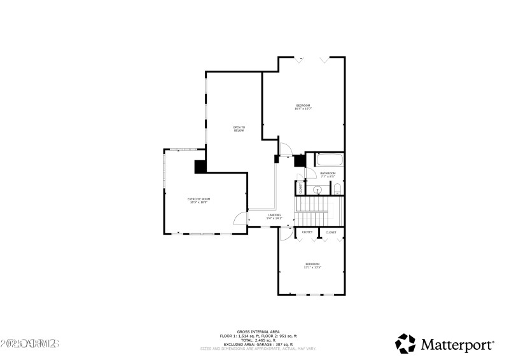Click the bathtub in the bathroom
pos(326,160)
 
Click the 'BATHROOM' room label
pos(328,174)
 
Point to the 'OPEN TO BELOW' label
pos(239,128)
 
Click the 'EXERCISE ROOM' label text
pos(199,200)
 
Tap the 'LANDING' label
pos(274,216)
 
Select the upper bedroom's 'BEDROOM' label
pos(303,106)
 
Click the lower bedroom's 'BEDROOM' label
pos(312,265)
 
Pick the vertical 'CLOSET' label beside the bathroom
pos(301,188)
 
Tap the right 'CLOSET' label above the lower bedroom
pos(331,233)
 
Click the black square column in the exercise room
pos(200,166)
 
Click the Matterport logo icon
pos(405,343)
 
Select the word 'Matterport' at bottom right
pos(456,344)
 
